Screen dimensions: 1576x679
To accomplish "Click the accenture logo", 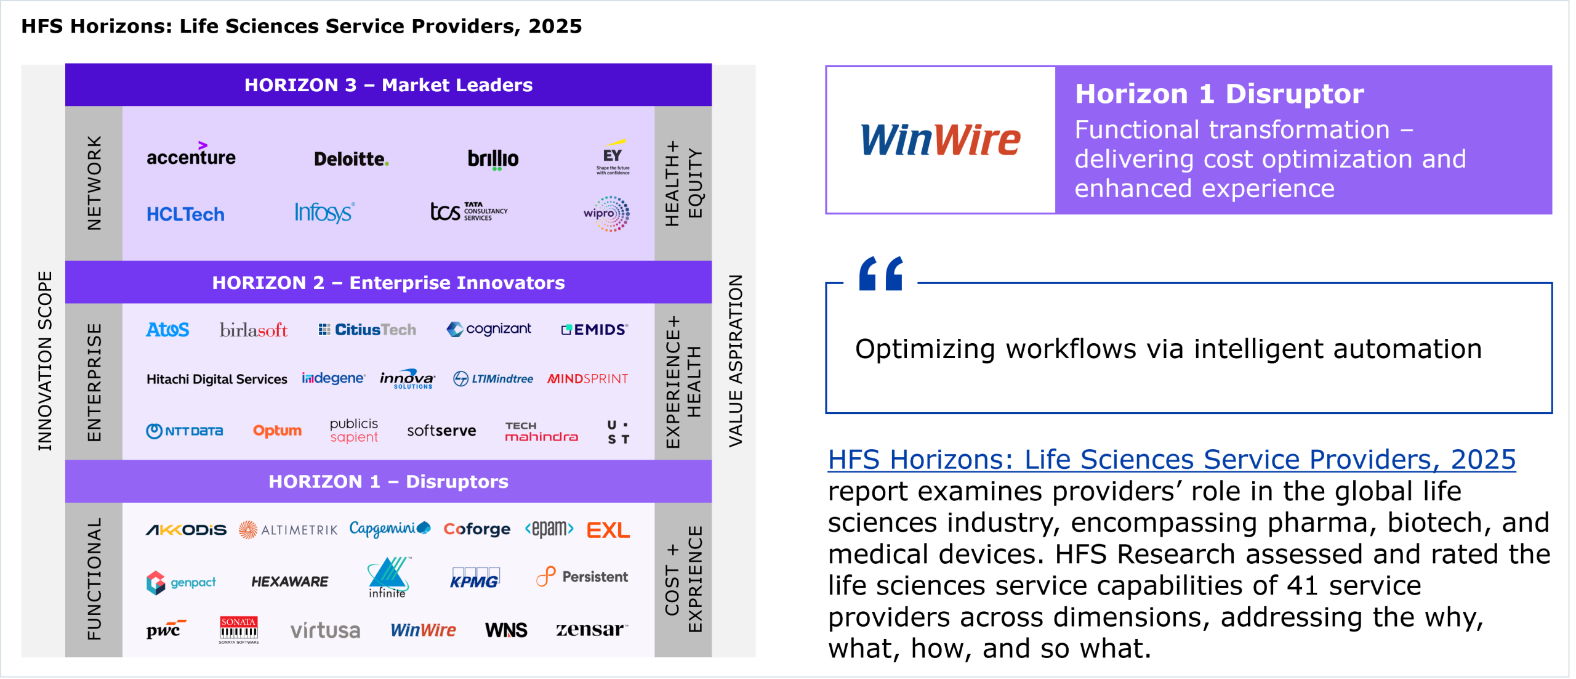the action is click(191, 155).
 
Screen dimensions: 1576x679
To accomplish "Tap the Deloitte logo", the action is click(352, 159).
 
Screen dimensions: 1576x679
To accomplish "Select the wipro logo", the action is click(606, 214).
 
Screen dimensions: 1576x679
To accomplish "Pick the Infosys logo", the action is click(324, 213).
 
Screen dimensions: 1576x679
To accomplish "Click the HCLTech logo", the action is click(185, 214).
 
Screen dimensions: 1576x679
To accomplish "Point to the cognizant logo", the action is click(489, 329).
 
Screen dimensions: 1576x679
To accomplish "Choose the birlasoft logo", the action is click(254, 330).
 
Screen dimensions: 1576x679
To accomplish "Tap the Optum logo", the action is click(277, 431).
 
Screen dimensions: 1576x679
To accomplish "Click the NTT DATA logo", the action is click(185, 431).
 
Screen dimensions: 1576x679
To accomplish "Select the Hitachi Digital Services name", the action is click(217, 379).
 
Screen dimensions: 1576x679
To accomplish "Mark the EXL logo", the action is click(608, 530).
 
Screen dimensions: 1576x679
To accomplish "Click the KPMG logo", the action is click(474, 578).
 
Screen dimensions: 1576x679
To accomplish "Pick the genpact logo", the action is click(181, 582).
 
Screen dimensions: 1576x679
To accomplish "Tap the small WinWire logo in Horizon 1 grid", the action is click(423, 630).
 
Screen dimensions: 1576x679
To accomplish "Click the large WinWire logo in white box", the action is click(940, 140).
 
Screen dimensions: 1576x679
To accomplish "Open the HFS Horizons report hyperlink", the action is click(1172, 460).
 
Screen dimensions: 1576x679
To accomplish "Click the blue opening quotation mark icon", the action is click(881, 273).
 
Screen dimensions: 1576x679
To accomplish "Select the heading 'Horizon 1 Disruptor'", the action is click(1220, 94).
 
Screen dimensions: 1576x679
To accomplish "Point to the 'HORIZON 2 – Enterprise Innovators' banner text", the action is click(388, 283).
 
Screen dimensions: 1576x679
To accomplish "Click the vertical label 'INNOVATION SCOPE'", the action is click(45, 360).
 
